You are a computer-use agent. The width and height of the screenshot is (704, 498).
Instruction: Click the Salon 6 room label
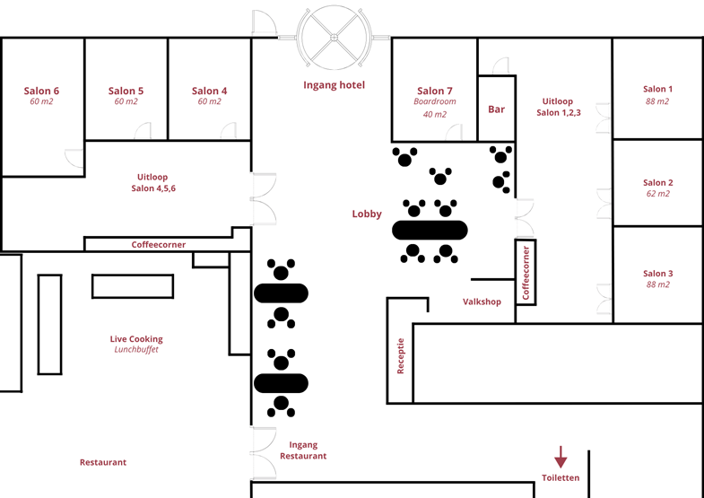pyautogui.click(x=41, y=91)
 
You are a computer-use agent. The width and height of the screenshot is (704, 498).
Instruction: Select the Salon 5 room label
pyautogui.click(x=126, y=91)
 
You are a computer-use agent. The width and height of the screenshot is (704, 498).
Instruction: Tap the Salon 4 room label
pyautogui.click(x=209, y=91)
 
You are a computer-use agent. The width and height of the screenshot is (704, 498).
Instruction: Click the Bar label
pyautogui.click(x=496, y=109)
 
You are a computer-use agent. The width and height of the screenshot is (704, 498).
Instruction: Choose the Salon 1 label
pyautogui.click(x=657, y=90)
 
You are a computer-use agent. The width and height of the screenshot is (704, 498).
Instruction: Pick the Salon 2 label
pyautogui.click(x=657, y=183)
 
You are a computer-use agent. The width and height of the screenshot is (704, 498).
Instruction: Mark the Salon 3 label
pyautogui.click(x=657, y=274)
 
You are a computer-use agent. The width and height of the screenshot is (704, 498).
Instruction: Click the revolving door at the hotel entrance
pyautogui.click(x=334, y=38)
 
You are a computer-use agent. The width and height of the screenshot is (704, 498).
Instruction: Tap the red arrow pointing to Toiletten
pyautogui.click(x=561, y=457)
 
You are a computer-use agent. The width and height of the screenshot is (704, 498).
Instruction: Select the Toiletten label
pyautogui.click(x=561, y=478)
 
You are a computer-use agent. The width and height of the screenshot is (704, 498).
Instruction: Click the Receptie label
pyautogui.click(x=401, y=355)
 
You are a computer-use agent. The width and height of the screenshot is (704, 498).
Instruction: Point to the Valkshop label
pyautogui.click(x=482, y=301)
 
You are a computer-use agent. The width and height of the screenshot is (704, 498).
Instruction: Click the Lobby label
pyautogui.click(x=367, y=214)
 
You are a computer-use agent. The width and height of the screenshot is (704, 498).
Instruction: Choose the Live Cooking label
pyautogui.click(x=136, y=339)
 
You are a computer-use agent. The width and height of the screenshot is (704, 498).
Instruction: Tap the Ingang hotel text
pyautogui.click(x=334, y=85)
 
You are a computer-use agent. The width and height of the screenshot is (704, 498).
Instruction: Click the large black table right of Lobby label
pyautogui.click(x=430, y=230)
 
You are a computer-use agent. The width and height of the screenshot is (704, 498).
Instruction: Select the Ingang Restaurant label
pyautogui.click(x=303, y=450)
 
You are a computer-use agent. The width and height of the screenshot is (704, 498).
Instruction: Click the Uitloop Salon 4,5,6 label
pyautogui.click(x=152, y=182)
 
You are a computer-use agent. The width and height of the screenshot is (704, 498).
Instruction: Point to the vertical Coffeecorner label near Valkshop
pyautogui.click(x=526, y=272)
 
